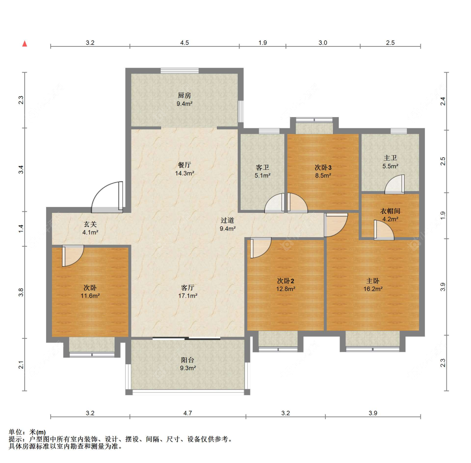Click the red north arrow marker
25,44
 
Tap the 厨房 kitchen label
184,95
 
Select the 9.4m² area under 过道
227,229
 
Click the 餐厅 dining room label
184,165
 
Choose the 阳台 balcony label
188,360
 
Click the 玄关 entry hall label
90,224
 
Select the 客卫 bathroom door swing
274,203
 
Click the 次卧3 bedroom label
323,167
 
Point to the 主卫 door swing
394,184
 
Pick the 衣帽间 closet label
390,211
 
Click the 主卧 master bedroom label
373,281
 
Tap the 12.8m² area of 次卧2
286,289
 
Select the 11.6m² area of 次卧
90,296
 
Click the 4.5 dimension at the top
185,43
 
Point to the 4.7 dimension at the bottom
188,413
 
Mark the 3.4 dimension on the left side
21,169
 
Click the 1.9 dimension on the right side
443,215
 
